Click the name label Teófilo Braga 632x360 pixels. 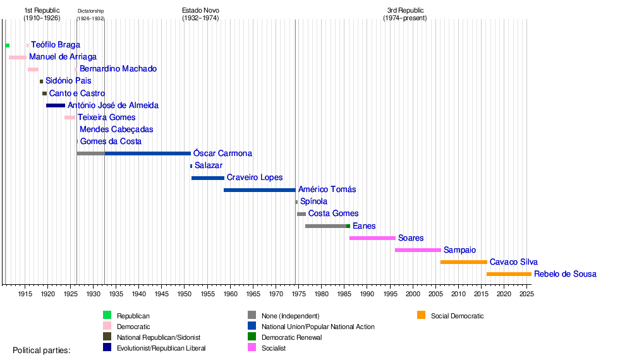tap(56, 45)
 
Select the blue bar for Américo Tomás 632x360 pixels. tap(259, 190)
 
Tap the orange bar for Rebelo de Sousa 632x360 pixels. tap(509, 274)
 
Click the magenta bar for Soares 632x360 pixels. tap(372, 238)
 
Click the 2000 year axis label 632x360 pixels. tap(413, 294)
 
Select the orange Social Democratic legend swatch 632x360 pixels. tap(421, 315)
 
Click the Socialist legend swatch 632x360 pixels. tap(252, 348)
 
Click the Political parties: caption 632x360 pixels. tap(42, 350)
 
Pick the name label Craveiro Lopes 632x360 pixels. tap(254, 178)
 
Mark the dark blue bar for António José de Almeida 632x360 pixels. tap(56, 105)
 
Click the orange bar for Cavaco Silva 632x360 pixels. tap(463, 262)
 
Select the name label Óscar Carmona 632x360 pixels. tap(222, 154)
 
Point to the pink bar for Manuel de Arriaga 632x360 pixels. tap(18, 57)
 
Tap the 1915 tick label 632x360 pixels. tap(25, 294)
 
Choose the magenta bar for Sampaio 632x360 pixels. tap(418, 250)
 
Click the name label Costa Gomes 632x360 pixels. tap(333, 214)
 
